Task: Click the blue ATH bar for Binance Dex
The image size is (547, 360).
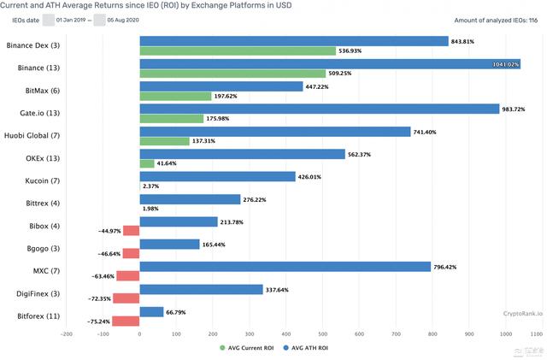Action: [294, 41]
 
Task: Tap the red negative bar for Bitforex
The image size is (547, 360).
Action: [126, 322]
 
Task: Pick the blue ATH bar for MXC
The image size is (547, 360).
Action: [285, 266]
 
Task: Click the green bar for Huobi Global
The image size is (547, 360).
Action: [165, 140]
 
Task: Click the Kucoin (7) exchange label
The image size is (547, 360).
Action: [42, 181]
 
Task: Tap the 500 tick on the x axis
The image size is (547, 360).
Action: [322, 334]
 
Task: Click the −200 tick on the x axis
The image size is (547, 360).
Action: [67, 334]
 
